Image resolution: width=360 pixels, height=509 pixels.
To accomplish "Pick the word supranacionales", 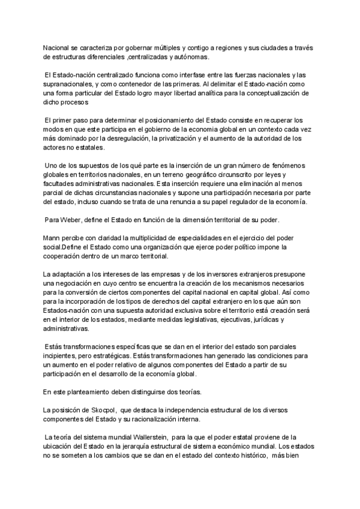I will click(x=68, y=84).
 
